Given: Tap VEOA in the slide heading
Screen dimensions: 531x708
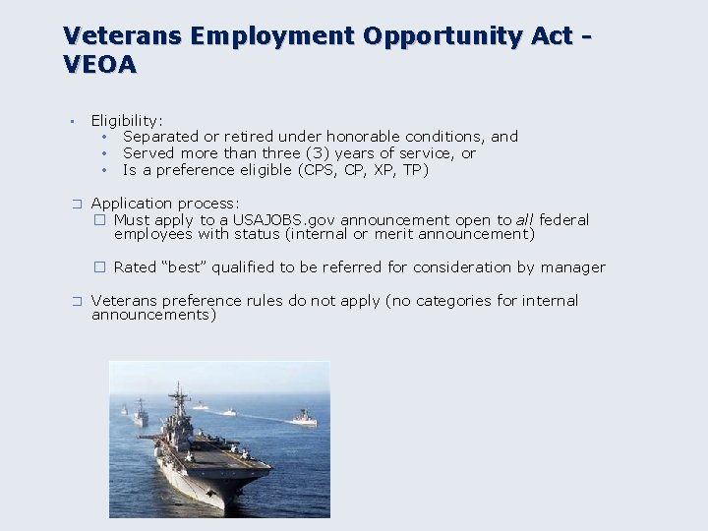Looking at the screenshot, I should click(x=100, y=65).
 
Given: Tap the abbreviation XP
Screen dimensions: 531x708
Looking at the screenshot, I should click(x=386, y=170).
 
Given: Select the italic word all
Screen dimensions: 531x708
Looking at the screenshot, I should click(x=525, y=220).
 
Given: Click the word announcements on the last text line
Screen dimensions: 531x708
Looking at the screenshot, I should click(x=153, y=316).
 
